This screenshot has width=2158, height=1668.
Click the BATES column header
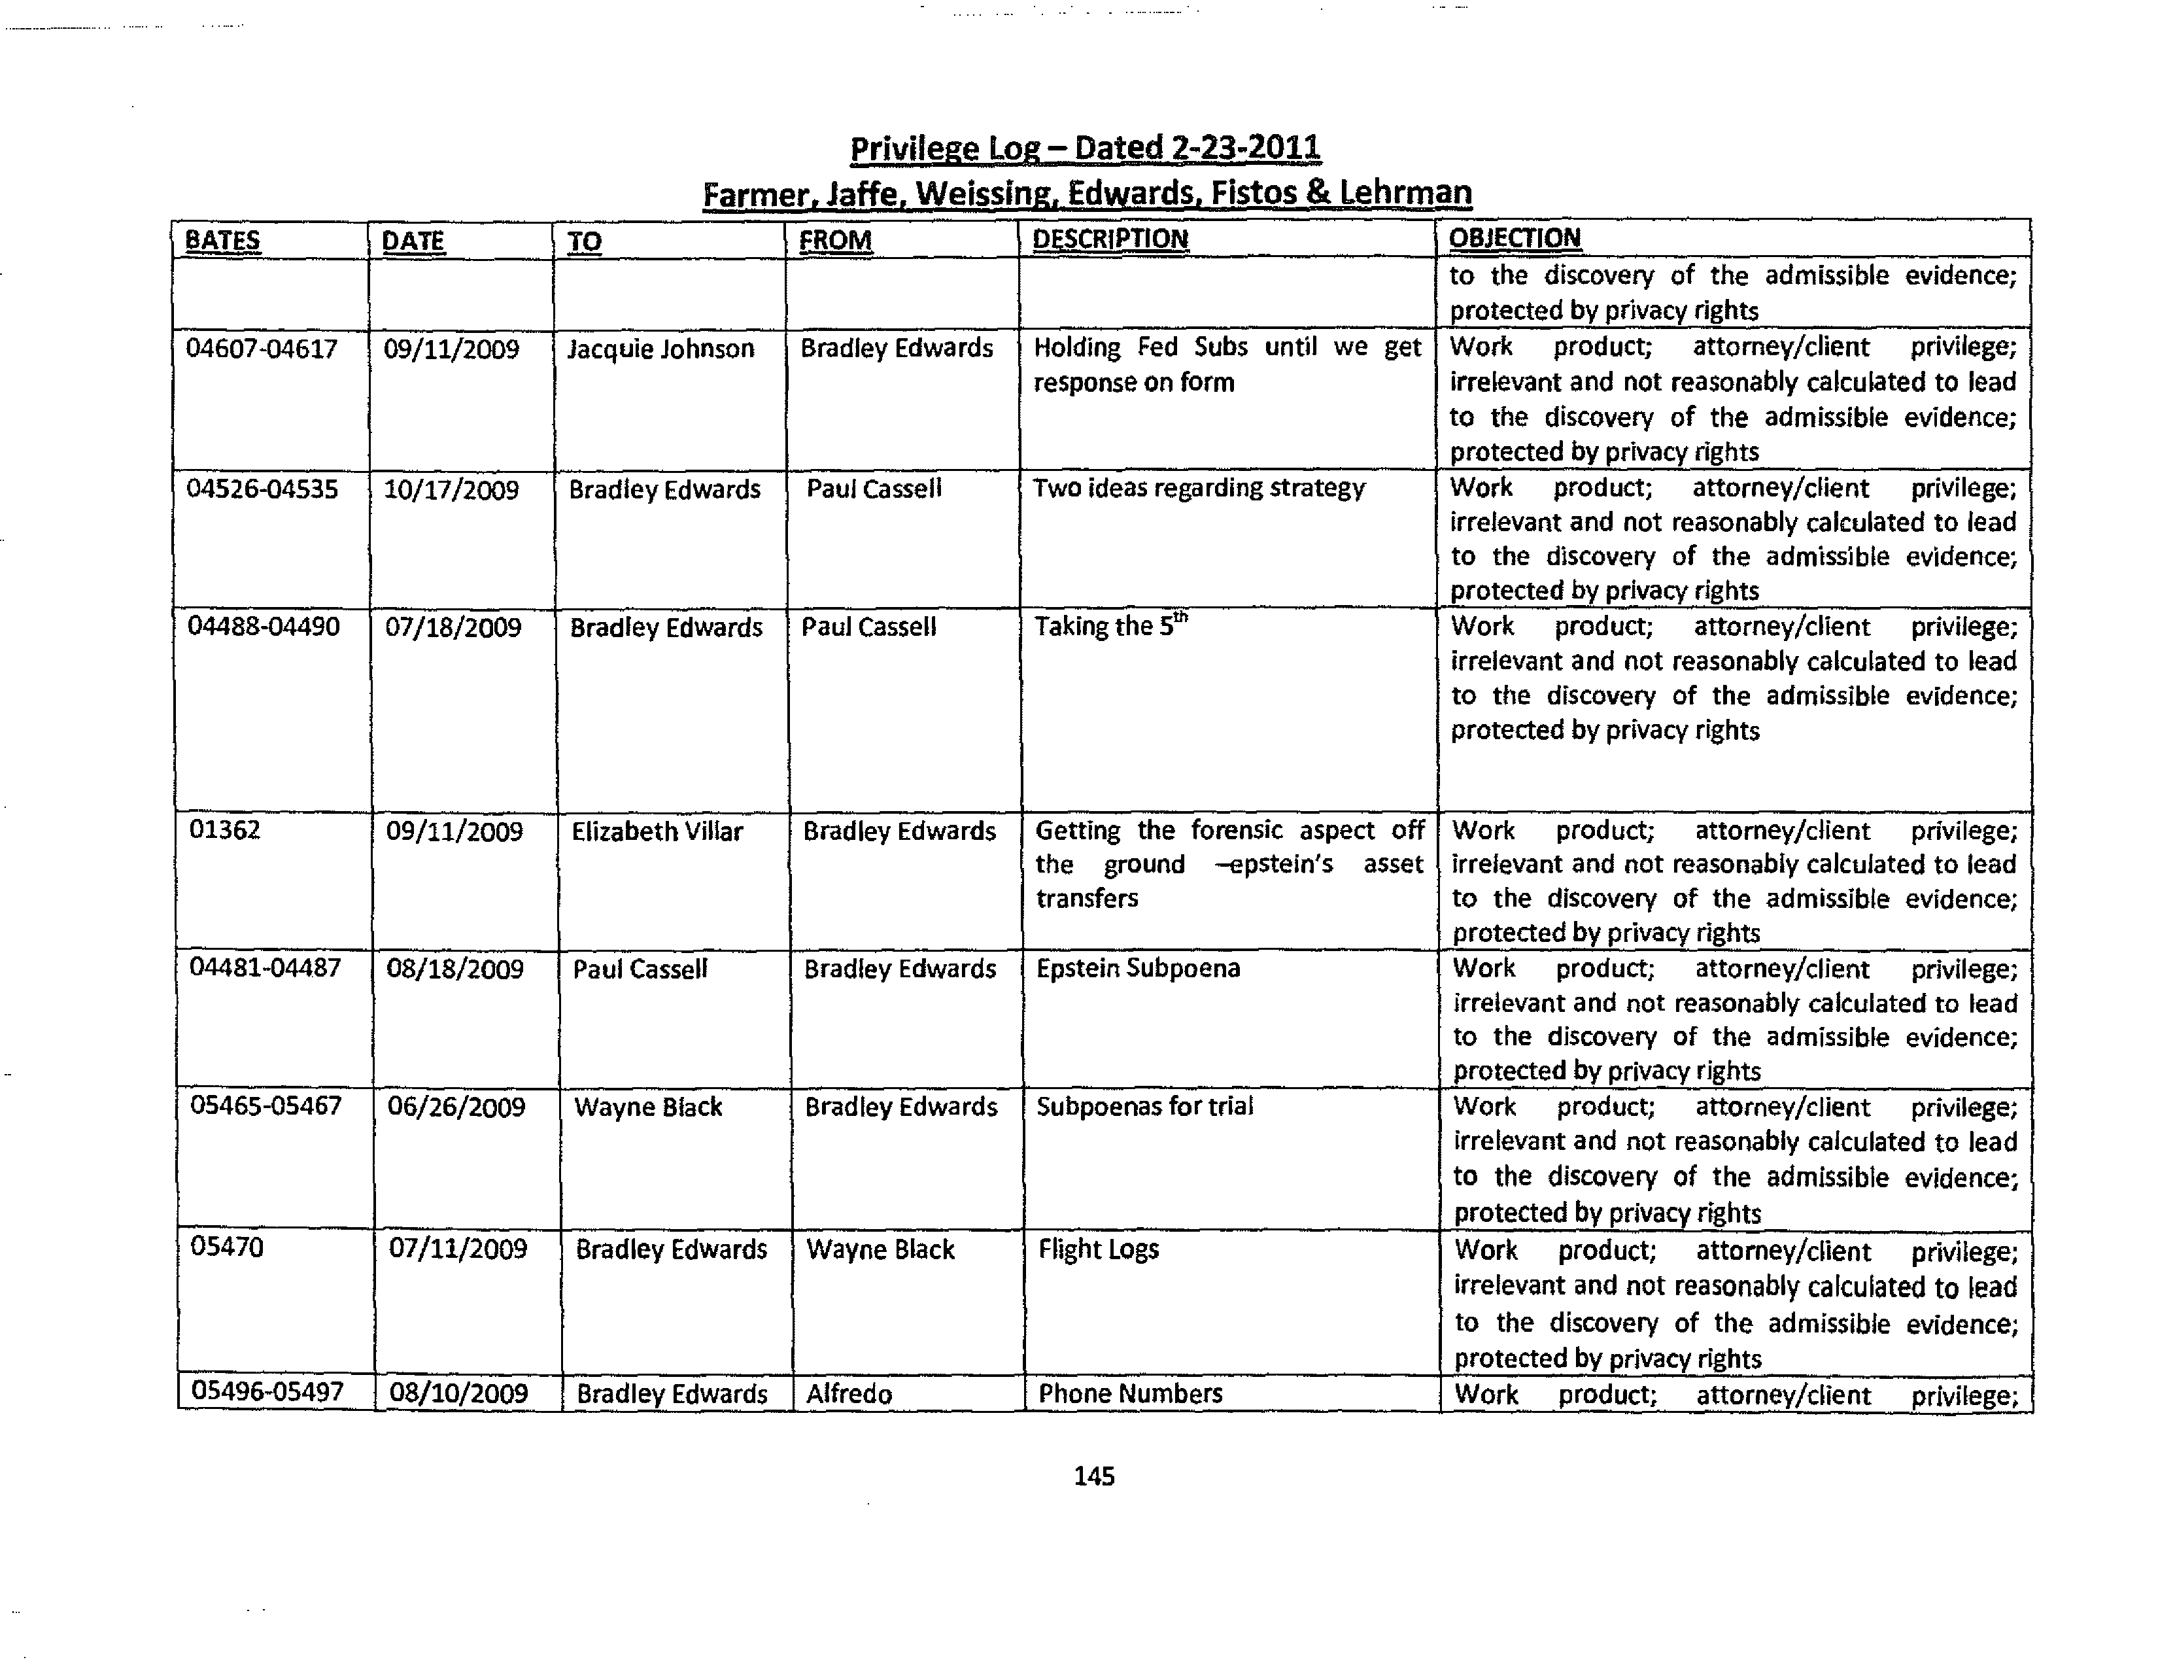222,240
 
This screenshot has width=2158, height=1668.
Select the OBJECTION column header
1514,238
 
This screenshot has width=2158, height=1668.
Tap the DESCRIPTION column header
1110,239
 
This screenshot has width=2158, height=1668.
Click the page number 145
1094,1476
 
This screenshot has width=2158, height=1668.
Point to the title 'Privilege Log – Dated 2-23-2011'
1085,148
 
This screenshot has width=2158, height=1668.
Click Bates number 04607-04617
262,349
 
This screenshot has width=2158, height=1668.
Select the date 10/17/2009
451,490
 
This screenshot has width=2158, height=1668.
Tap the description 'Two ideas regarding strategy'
1199,488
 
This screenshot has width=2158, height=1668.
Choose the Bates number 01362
224,830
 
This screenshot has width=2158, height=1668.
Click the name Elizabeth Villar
657,832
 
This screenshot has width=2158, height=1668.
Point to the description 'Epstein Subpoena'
1137,968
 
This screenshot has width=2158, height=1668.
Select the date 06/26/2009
456,1107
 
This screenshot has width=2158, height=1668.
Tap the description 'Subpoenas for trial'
1144,1107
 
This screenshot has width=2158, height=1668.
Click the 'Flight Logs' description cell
1098,1250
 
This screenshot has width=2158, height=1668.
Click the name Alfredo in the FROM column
849,1395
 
